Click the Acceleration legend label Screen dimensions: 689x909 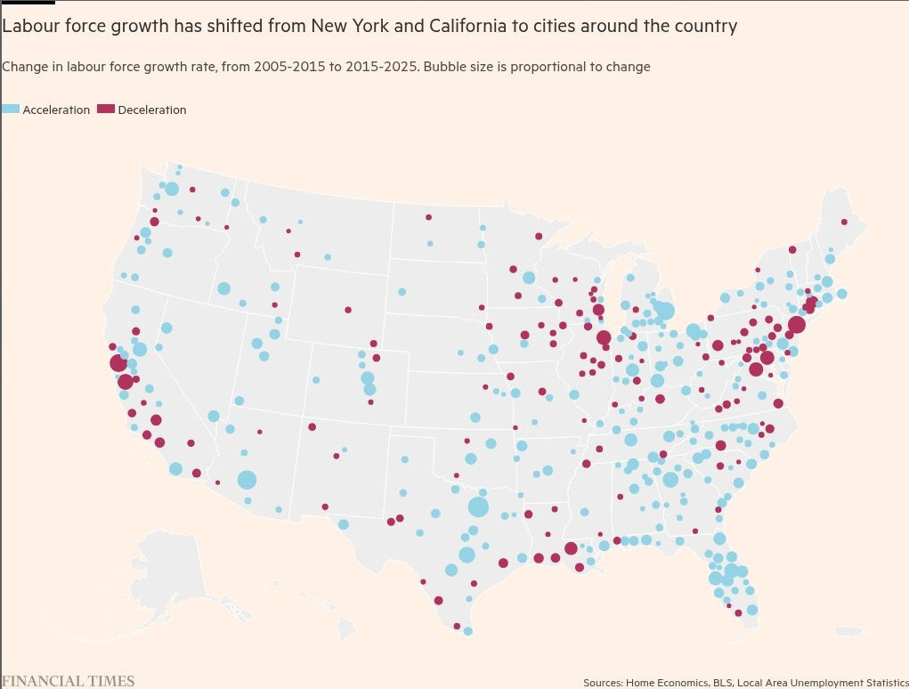56,109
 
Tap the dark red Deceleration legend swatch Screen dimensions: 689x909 106,109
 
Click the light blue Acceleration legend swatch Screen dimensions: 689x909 11,109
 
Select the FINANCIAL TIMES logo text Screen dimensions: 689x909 68,681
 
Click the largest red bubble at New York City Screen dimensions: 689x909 796,325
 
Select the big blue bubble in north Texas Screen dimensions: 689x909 478,507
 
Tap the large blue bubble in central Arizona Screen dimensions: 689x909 247,480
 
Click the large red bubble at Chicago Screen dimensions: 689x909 604,337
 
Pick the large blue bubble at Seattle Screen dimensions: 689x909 172,189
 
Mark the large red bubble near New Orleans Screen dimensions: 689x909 571,548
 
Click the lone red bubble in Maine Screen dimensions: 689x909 844,222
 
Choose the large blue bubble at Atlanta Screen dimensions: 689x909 670,480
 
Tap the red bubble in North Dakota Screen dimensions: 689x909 428,216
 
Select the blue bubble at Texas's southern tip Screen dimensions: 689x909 467,631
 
